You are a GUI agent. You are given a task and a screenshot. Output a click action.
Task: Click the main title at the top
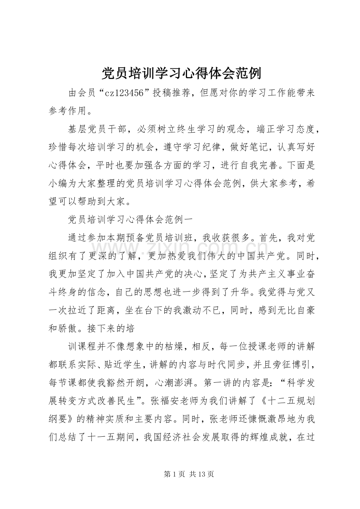coord(180,73)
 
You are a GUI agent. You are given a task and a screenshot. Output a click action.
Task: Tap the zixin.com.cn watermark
coord(180,248)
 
